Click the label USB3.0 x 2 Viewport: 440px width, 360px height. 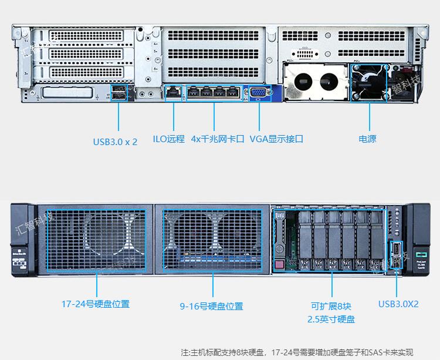[115, 142]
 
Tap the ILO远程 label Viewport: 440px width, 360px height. [168, 139]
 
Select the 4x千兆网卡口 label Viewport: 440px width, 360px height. [217, 139]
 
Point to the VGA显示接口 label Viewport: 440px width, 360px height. [276, 139]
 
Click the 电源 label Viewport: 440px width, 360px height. [367, 139]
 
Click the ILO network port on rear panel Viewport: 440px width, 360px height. [174, 92]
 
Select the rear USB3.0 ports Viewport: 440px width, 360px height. [119, 92]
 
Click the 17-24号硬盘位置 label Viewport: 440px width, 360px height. [96, 304]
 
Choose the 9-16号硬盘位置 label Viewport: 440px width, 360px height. [211, 306]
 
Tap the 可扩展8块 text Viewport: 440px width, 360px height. [331, 306]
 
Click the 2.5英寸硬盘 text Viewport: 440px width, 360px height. [331, 319]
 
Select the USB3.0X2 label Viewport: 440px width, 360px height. [398, 304]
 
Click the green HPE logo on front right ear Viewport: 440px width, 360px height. [420, 251]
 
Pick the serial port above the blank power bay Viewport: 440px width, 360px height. [304, 55]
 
